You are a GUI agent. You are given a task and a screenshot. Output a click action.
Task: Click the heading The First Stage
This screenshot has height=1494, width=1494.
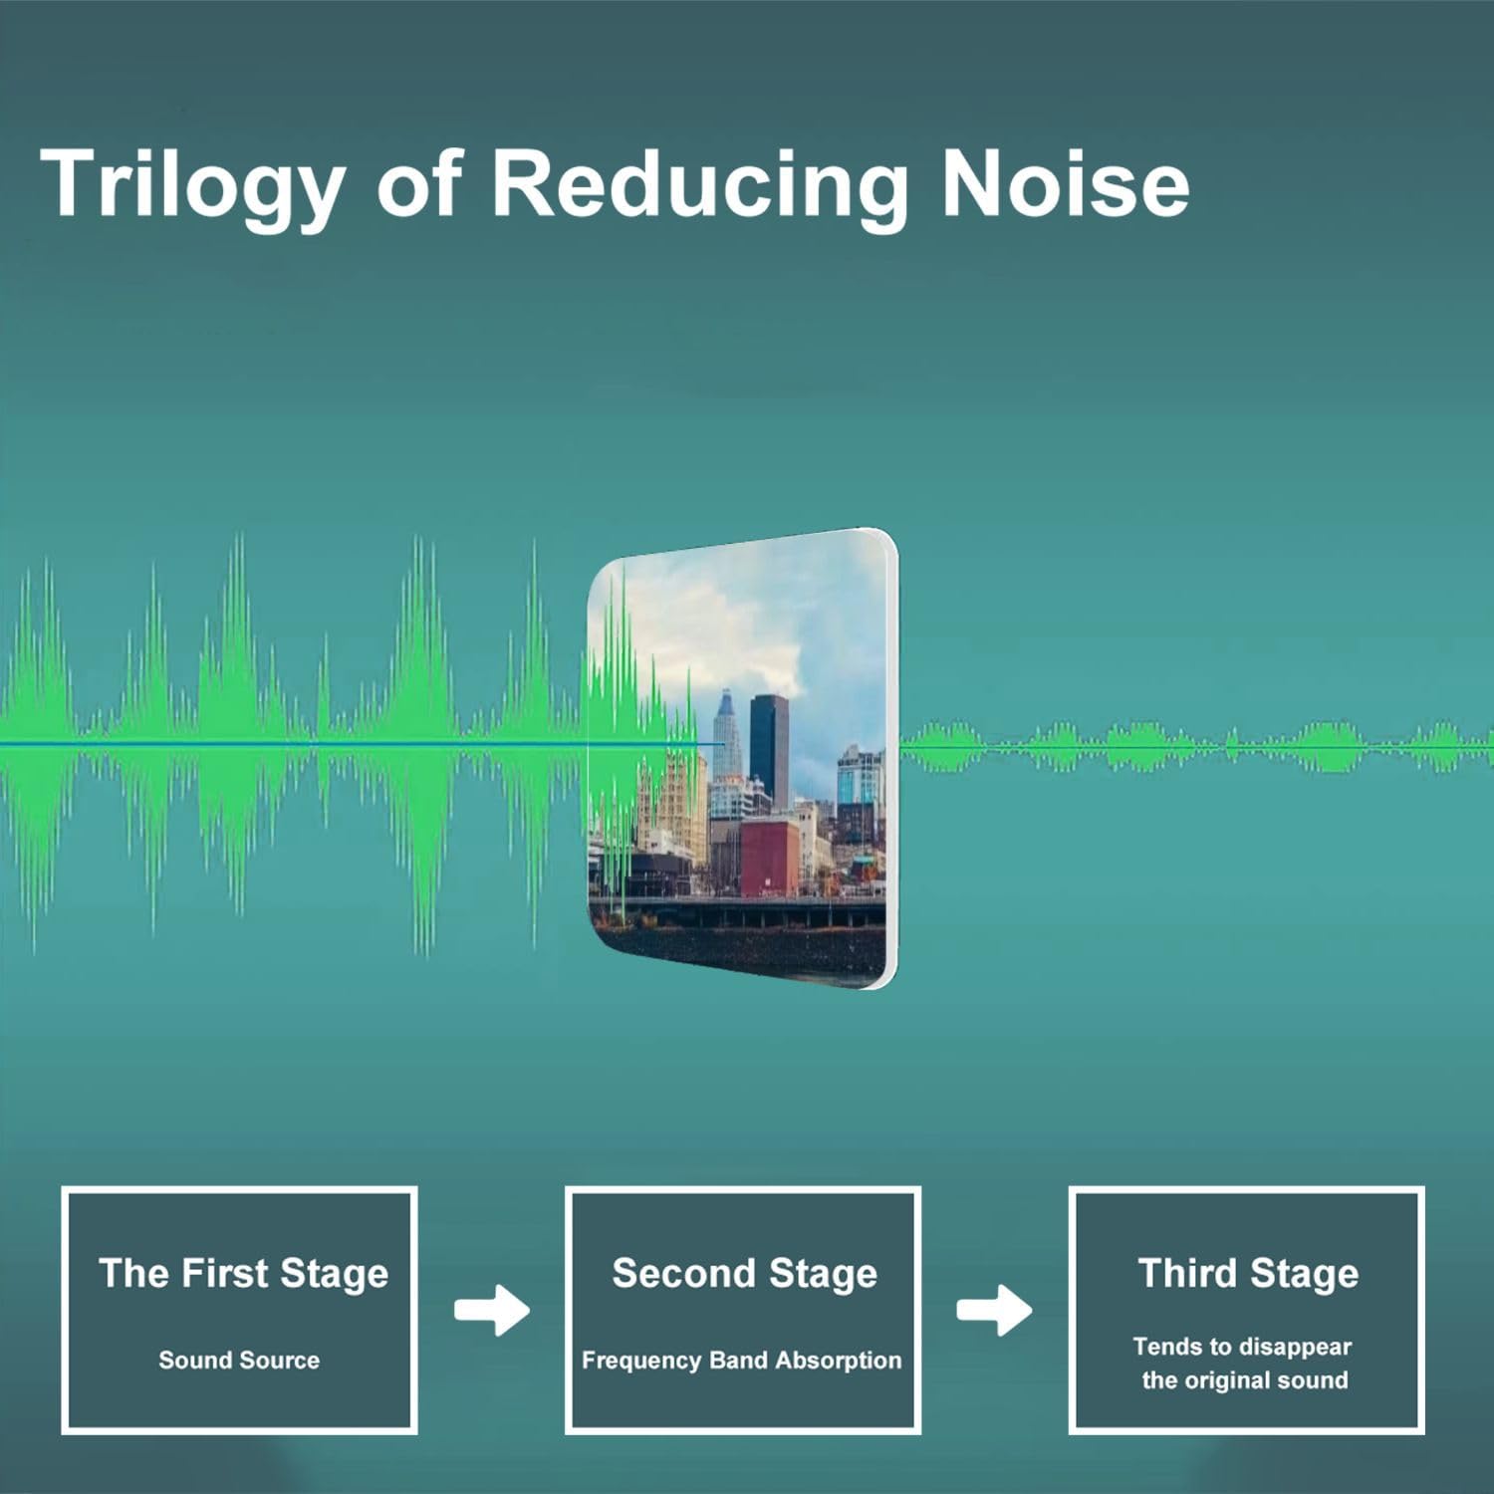pyautogui.click(x=243, y=1273)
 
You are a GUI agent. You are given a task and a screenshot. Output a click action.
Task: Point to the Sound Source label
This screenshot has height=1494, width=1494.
pyautogui.click(x=239, y=1360)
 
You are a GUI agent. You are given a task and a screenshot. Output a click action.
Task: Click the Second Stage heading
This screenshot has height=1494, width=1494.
pyautogui.click(x=744, y=1273)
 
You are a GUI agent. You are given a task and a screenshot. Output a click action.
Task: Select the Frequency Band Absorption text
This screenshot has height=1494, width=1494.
pyautogui.click(x=741, y=1361)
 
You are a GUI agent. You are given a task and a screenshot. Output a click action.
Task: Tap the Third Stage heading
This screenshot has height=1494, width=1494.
pyautogui.click(x=1248, y=1273)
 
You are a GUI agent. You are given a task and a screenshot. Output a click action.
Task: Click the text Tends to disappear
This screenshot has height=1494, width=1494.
pyautogui.click(x=1242, y=1347)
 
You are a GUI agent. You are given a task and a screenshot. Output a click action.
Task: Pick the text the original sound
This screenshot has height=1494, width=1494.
pyautogui.click(x=1245, y=1380)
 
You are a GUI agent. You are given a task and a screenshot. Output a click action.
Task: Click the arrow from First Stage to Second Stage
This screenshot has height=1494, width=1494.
pyautogui.click(x=492, y=1310)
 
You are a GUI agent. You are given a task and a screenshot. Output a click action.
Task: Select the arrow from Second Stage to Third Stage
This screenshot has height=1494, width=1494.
pyautogui.click(x=994, y=1310)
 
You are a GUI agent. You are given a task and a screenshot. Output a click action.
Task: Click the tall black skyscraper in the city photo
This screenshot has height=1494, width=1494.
pyautogui.click(x=768, y=747)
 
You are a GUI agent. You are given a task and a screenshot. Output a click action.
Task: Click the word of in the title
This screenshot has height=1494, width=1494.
pyautogui.click(x=419, y=183)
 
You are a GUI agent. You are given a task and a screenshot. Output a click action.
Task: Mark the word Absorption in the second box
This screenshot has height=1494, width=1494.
pyautogui.click(x=838, y=1361)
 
